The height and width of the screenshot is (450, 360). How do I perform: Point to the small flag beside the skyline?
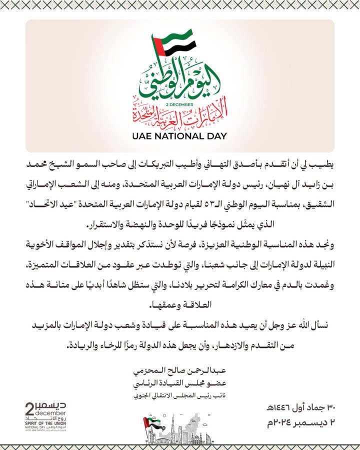[148, 424]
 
